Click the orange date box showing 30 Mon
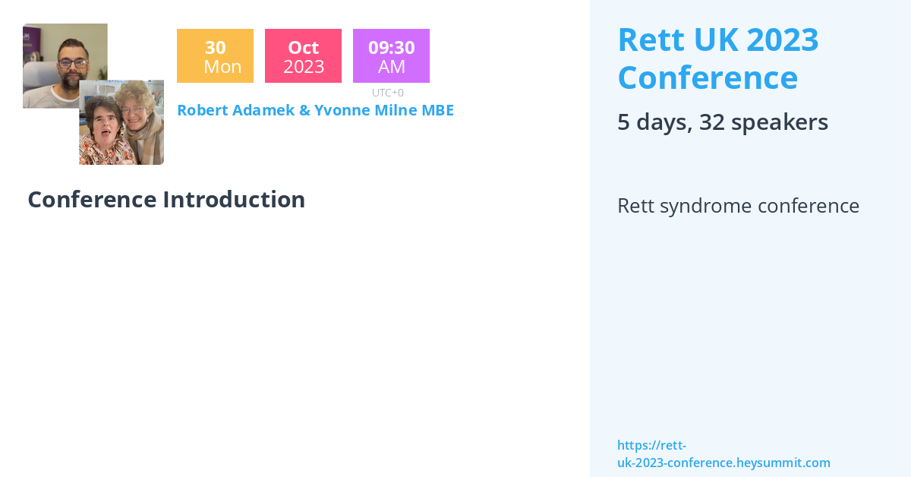[215, 55]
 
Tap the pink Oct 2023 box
[303, 55]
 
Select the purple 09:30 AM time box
[391, 55]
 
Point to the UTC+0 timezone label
[388, 93]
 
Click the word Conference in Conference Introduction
[92, 200]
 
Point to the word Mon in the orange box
[222, 67]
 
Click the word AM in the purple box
[392, 67]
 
